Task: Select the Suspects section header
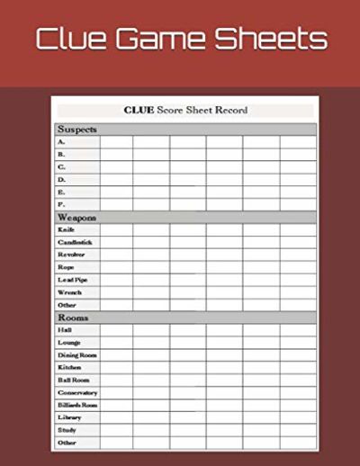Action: tap(77, 129)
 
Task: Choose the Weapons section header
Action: tap(77, 217)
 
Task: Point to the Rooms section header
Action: tap(73, 318)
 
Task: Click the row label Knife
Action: tap(67, 229)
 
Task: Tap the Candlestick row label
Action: tap(75, 242)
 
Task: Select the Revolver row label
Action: tap(72, 255)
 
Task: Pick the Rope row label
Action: tap(66, 267)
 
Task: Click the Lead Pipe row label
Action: tap(73, 280)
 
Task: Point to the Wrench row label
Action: tap(70, 292)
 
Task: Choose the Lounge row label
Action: tap(69, 343)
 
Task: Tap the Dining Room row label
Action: tap(77, 355)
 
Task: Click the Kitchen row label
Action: tap(70, 368)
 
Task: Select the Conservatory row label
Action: tap(78, 393)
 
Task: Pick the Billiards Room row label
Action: tap(78, 406)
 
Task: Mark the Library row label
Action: tap(70, 418)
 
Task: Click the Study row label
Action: tap(67, 431)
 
